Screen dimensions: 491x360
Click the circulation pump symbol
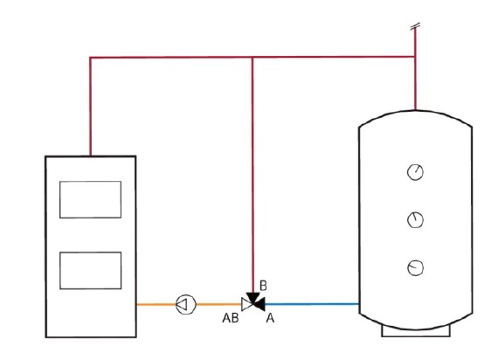186,304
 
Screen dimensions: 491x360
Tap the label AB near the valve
231,318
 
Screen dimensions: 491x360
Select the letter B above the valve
263,286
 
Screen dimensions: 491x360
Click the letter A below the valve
270,318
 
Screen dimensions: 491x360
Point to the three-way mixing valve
253,302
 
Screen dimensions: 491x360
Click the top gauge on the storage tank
415,172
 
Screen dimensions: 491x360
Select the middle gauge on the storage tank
415,220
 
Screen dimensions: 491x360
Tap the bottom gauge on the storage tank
415,268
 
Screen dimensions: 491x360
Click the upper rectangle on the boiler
91,199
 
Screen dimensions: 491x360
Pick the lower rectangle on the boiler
91,270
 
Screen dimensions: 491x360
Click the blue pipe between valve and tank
312,304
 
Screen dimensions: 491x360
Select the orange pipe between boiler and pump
156,304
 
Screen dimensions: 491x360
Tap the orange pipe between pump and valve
219,304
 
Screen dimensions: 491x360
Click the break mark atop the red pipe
415,26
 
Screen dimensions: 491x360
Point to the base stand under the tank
416,331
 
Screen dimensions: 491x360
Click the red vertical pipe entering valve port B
253,175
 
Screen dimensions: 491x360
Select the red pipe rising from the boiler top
90,107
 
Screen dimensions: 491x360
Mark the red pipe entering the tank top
415,83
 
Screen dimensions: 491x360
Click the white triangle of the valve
245,304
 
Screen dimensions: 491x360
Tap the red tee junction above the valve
253,58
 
